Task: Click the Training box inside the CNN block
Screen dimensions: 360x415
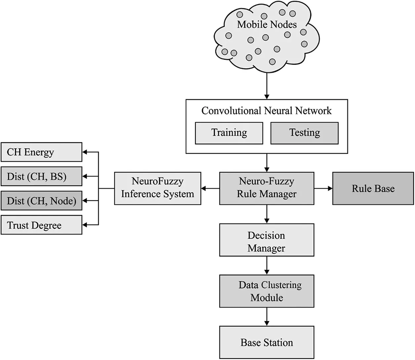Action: (x=229, y=133)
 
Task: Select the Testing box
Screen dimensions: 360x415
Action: (x=304, y=133)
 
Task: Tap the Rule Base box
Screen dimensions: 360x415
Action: (x=373, y=188)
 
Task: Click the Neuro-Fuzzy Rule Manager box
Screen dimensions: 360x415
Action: (x=267, y=188)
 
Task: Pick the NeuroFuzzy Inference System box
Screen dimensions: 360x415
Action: (x=157, y=188)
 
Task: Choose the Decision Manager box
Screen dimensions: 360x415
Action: (x=267, y=240)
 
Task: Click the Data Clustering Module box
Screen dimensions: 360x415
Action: (x=267, y=291)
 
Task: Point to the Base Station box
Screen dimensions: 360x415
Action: (x=267, y=342)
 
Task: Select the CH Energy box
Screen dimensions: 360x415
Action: (x=41, y=152)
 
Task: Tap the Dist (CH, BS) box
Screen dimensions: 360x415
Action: (x=41, y=176)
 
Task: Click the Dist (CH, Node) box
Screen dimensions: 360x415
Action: (x=41, y=201)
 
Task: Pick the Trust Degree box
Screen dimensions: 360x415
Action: (x=41, y=225)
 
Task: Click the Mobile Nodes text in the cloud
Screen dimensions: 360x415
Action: (x=267, y=24)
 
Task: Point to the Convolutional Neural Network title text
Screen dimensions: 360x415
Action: (x=266, y=111)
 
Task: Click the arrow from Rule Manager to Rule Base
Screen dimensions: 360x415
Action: (x=323, y=188)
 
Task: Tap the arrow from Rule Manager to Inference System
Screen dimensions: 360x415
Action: (x=210, y=189)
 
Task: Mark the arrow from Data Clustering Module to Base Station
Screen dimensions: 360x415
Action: (x=267, y=317)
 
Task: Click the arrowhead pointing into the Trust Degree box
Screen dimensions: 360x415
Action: (x=85, y=225)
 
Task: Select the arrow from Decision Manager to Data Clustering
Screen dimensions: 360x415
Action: (x=267, y=265)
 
